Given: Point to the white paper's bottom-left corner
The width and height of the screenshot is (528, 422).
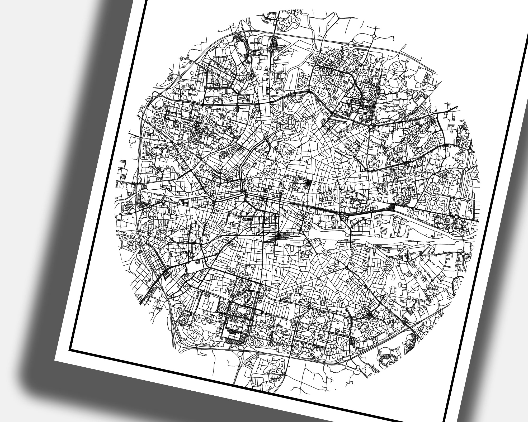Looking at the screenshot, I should (x=55, y=360).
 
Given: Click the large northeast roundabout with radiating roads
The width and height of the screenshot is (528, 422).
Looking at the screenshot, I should (x=371, y=127).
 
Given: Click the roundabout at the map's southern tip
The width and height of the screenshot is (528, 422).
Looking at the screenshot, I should (x=285, y=374).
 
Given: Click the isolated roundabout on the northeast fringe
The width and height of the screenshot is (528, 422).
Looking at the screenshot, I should (x=374, y=36).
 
